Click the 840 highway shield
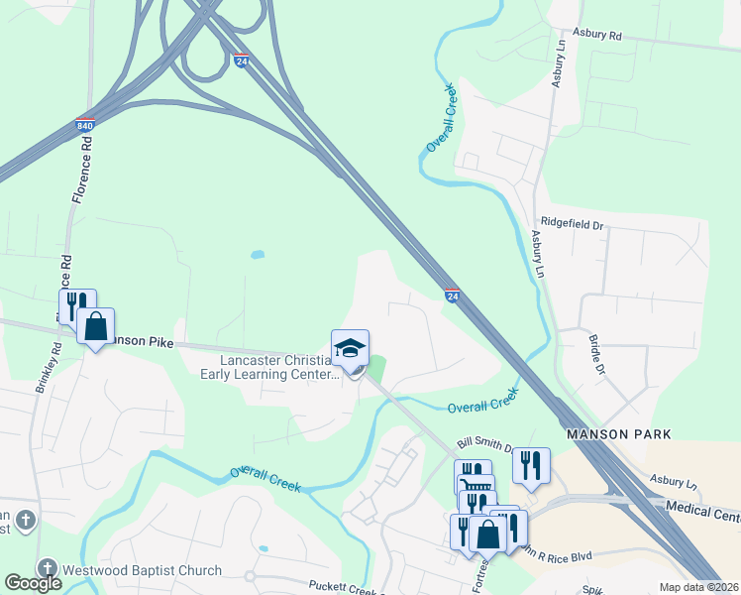click(x=84, y=126)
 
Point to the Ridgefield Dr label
click(x=571, y=225)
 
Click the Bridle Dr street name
click(x=596, y=353)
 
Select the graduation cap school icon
click(x=350, y=348)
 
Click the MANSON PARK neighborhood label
click(x=618, y=434)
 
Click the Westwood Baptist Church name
click(x=142, y=570)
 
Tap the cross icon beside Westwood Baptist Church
click(x=47, y=568)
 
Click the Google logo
click(x=33, y=583)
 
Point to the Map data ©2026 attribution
click(x=698, y=587)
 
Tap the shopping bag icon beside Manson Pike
click(x=96, y=326)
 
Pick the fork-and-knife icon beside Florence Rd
click(x=72, y=304)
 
